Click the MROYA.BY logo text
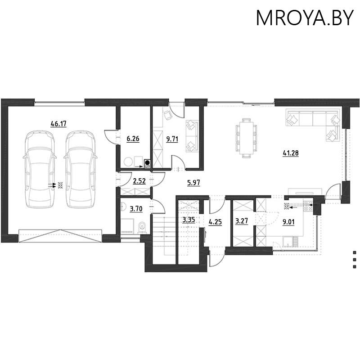tap(305, 18)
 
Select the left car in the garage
tap(40, 170)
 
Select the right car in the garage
tap(81, 170)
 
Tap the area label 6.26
tap(133, 139)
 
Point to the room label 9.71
tap(172, 139)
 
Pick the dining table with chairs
tap(246, 138)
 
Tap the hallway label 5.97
tap(193, 182)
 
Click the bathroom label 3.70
tap(136, 208)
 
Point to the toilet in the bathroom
tap(142, 226)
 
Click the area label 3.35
tap(188, 220)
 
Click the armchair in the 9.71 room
tap(167, 115)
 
